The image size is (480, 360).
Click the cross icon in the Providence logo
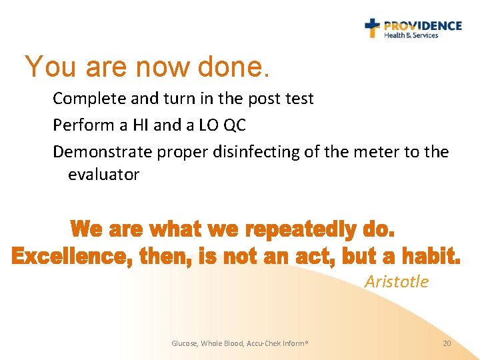click(373, 28)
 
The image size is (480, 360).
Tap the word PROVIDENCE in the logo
click(423, 25)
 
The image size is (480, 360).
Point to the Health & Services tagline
click(411, 35)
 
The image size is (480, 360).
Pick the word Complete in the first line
click(85, 99)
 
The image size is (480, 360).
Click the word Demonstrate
click(103, 152)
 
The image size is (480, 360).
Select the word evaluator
click(103, 175)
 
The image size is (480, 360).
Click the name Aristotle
click(397, 281)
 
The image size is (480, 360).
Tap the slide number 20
click(447, 343)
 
